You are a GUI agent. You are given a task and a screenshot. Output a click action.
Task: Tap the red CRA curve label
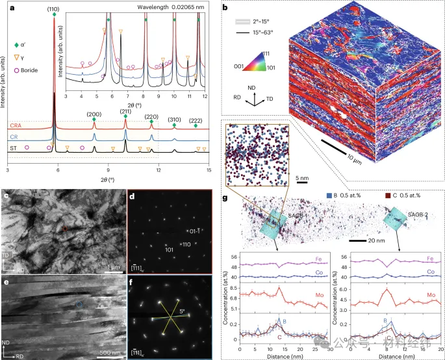click(x=16, y=125)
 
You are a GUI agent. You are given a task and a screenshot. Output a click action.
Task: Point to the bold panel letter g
click(x=224, y=194)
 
